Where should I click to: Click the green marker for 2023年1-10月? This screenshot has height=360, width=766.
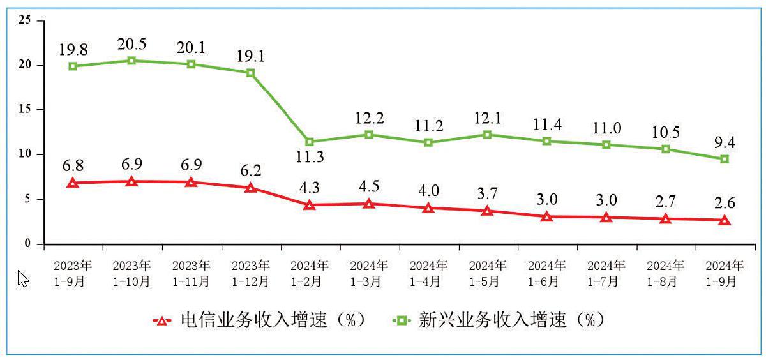tap(131, 61)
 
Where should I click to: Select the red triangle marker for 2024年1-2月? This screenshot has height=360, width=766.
tap(310, 205)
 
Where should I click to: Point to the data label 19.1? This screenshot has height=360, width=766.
tap(250, 56)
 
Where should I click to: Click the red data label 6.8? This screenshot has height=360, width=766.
tap(73, 165)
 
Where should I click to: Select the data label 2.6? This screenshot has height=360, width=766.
tap(725, 203)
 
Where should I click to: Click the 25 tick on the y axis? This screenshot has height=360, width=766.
tap(25, 20)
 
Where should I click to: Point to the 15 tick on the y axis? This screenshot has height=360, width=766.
tap(25, 110)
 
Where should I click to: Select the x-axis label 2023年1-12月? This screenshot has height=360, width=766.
tap(250, 273)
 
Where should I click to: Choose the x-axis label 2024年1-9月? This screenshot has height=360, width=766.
tap(725, 273)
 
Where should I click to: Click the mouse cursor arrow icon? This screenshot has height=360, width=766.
tap(23, 279)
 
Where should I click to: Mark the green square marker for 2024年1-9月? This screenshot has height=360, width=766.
tap(725, 159)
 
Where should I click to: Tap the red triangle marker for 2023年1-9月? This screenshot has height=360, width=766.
tap(73, 183)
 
